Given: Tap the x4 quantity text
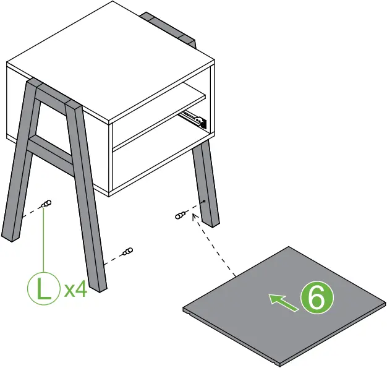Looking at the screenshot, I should coord(75,289).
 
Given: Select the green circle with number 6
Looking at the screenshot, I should coord(316,299).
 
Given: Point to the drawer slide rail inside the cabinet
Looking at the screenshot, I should coord(193,118).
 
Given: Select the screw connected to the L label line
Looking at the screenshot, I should coord(46,205).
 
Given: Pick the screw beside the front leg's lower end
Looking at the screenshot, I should coord(127,252).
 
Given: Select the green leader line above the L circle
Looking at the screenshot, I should coord(43,241).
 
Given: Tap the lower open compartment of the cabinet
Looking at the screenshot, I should coord(155,164).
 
